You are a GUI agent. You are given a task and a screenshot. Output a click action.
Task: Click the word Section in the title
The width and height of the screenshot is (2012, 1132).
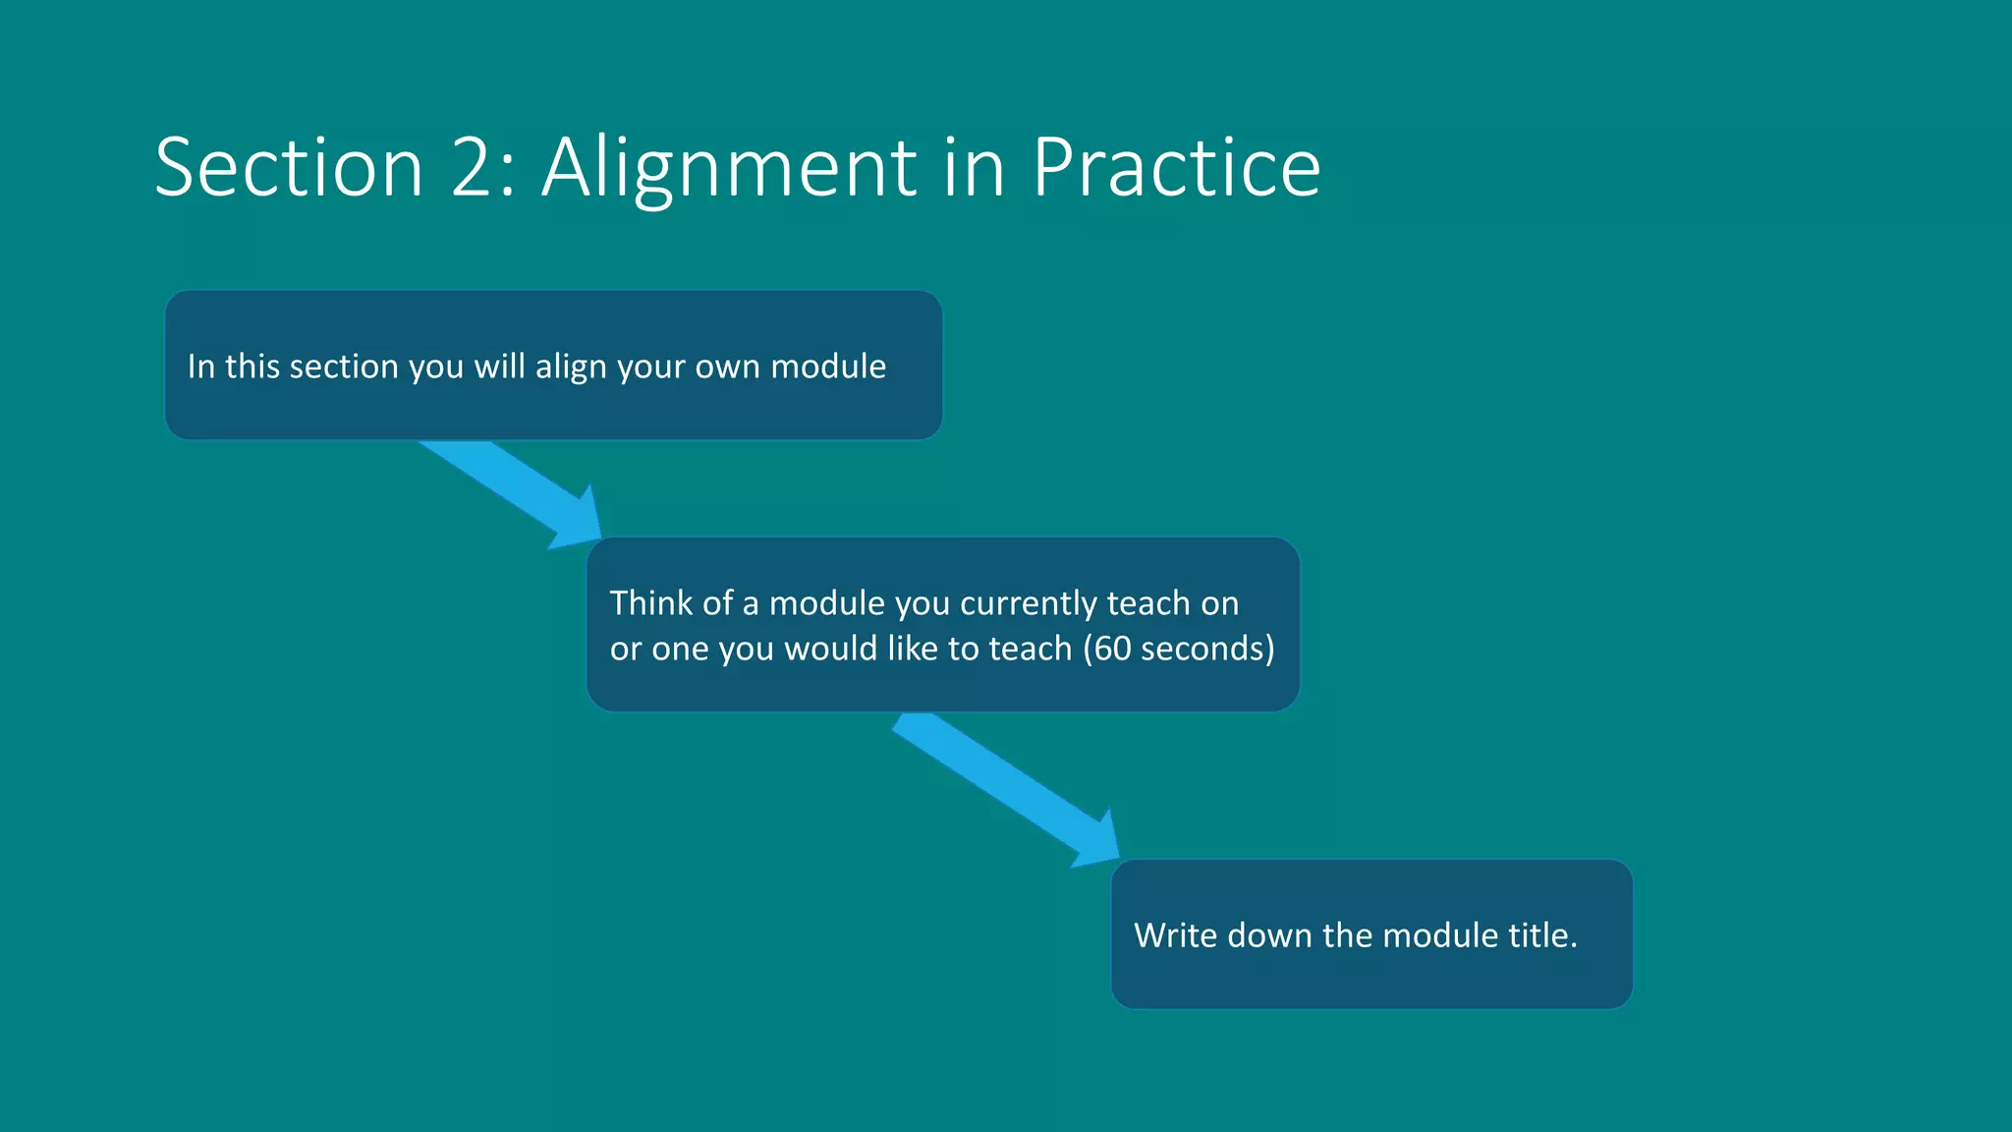pyautogui.click(x=289, y=167)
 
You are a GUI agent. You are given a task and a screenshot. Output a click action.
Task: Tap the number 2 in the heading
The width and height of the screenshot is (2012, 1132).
pyautogui.click(x=473, y=167)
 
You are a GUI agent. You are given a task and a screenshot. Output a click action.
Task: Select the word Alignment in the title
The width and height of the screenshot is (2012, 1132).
pyautogui.click(x=729, y=169)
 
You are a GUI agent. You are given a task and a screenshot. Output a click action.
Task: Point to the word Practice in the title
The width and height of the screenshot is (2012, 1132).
pyautogui.click(x=1175, y=167)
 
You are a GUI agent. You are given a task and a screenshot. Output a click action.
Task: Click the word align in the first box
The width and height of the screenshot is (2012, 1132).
pyautogui.click(x=570, y=368)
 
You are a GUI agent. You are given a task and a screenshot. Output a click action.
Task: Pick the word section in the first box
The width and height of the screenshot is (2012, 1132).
pyautogui.click(x=344, y=367)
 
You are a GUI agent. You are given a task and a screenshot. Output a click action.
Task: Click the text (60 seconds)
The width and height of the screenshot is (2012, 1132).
pyautogui.click(x=1179, y=649)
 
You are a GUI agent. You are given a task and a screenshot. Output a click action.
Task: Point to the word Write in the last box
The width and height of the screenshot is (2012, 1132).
pyautogui.click(x=1175, y=934)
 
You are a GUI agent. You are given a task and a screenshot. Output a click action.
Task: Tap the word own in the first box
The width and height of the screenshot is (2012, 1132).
pyautogui.click(x=727, y=368)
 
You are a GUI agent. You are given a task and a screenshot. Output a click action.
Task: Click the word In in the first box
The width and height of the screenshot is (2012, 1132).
pyautogui.click(x=200, y=367)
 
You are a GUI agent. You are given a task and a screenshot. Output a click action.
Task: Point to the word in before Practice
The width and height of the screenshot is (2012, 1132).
pyautogui.click(x=974, y=167)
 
